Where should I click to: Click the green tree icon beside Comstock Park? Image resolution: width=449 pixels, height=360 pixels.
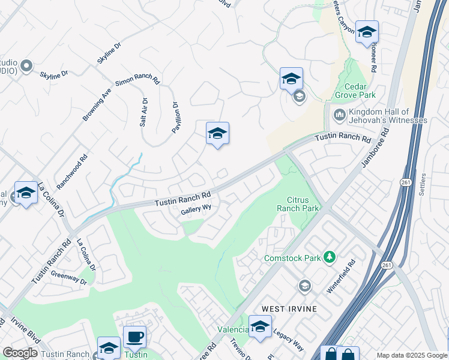(x=328, y=257)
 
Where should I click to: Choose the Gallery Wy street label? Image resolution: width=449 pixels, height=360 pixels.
(x=196, y=208)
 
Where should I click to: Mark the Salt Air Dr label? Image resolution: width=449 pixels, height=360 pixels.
(x=144, y=112)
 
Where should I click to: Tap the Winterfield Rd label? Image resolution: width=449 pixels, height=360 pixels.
(x=341, y=276)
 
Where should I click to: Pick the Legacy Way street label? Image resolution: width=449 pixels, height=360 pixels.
(x=289, y=340)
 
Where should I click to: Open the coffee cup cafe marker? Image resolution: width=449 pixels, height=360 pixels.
(x=134, y=337)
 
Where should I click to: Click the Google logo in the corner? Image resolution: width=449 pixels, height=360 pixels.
(x=20, y=353)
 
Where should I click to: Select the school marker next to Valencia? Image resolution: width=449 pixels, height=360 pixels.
(x=260, y=328)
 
